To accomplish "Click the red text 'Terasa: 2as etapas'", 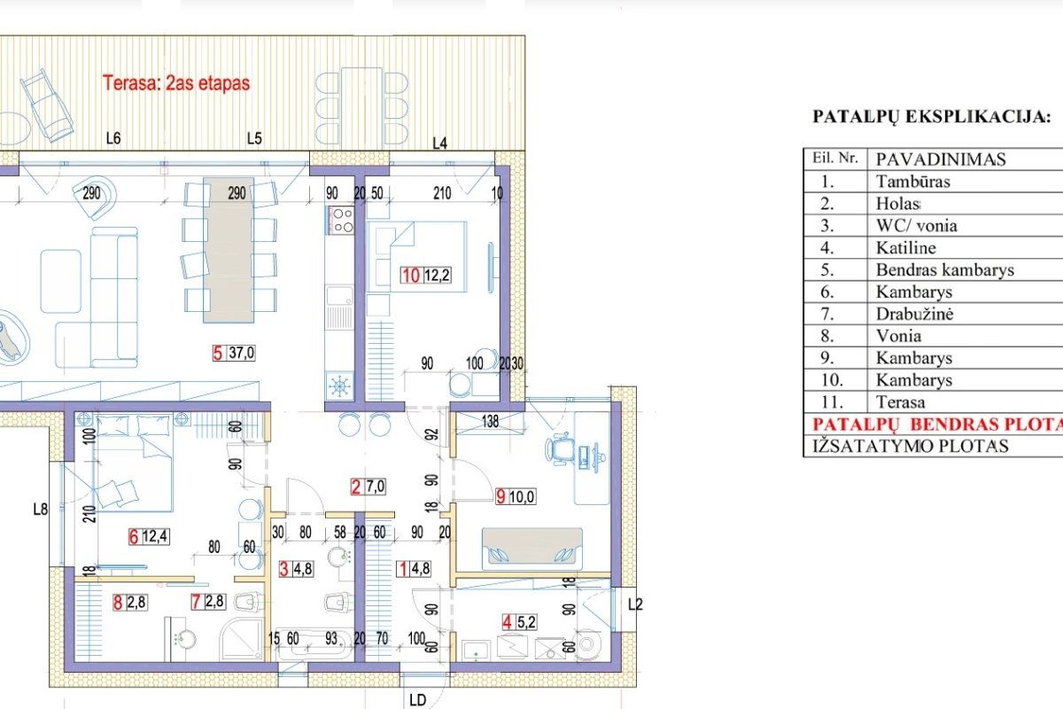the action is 176,83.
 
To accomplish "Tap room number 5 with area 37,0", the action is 234,353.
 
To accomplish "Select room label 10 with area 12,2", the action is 426,275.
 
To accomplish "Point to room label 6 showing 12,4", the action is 149,536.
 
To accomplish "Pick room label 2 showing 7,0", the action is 369,487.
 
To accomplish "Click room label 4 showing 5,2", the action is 519,621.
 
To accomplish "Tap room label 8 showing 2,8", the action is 129,602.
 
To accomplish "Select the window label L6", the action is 113,138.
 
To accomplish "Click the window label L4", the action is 440,143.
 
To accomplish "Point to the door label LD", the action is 417,700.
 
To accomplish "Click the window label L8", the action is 41,510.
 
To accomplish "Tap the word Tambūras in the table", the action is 912,182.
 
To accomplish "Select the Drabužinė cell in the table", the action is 914,314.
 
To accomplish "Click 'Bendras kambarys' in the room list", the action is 945,269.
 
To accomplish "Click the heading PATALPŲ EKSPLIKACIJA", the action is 932,117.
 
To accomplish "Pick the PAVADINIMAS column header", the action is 941,160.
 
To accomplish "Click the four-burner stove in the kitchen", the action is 340,220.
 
